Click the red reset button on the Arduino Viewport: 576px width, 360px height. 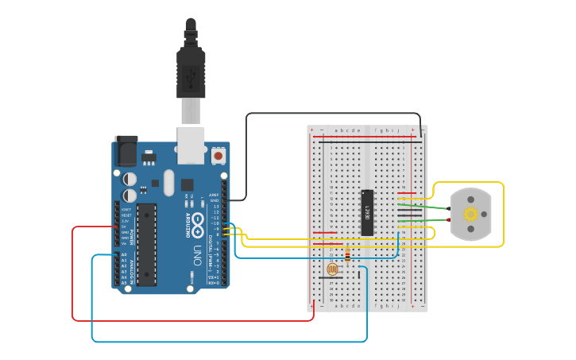218,155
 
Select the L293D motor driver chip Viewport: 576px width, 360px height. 367,212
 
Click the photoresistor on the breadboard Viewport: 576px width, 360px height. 332,269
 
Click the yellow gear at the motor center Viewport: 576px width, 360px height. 470,214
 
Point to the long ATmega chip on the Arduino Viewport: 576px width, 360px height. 146,244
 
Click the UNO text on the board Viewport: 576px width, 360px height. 197,254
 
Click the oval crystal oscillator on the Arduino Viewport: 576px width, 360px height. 168,183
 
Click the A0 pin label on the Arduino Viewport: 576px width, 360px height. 124,255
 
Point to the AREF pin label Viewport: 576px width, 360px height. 214,195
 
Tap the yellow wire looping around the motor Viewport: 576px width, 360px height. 502,215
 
